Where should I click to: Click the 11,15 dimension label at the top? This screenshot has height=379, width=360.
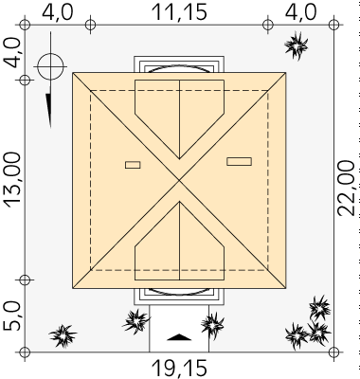pyautogui.click(x=179, y=12)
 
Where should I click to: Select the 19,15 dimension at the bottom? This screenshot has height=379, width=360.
pyautogui.click(x=179, y=369)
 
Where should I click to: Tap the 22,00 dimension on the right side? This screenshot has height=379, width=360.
pyautogui.click(x=347, y=189)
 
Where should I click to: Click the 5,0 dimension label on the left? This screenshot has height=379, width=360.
pyautogui.click(x=11, y=316)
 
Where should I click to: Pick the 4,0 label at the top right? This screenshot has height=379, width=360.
pyautogui.click(x=300, y=12)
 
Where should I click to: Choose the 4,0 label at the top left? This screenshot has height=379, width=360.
pyautogui.click(x=58, y=12)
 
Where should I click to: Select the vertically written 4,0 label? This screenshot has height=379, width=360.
pyautogui.click(x=11, y=52)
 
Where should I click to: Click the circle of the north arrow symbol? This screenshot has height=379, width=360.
pyautogui.click(x=50, y=67)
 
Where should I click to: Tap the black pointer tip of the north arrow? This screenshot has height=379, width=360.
pyautogui.click(x=50, y=126)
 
